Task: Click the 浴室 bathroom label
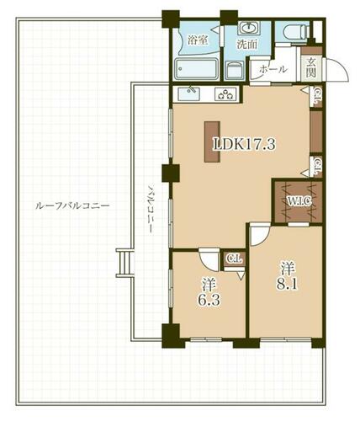[x=198, y=40]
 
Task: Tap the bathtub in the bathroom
[x=196, y=69]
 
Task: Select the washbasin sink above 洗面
[x=249, y=28]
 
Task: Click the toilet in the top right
[x=294, y=32]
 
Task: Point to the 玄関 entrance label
[x=311, y=67]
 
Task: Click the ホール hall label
[x=273, y=69]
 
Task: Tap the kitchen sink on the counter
[x=189, y=93]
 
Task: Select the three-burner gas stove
[x=225, y=93]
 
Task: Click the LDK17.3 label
[x=244, y=144]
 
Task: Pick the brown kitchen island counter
[x=212, y=141]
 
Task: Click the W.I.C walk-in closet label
[x=299, y=200]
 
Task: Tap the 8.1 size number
[x=287, y=285]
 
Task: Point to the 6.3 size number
[x=209, y=300]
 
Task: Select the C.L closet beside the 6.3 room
[x=235, y=258]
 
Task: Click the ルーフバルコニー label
[x=72, y=206]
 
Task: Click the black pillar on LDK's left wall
[x=171, y=173]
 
